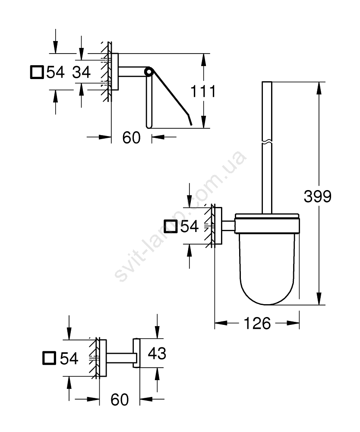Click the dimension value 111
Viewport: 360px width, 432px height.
click(x=203, y=91)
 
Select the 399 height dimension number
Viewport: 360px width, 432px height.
click(x=318, y=197)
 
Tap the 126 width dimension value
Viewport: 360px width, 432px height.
click(x=257, y=323)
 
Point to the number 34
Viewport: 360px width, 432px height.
click(x=81, y=72)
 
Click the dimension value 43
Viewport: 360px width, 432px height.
click(x=157, y=353)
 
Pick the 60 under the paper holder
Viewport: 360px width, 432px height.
click(x=131, y=137)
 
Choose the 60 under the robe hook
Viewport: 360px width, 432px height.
click(x=120, y=400)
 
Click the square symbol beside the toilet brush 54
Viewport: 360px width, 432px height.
click(x=171, y=226)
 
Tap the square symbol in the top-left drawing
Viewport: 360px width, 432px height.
click(x=37, y=72)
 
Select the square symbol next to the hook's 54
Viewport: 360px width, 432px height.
click(x=49, y=358)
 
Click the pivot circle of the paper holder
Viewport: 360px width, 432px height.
click(x=148, y=72)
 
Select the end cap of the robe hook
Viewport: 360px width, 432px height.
click(x=136, y=353)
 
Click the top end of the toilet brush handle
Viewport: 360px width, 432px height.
click(x=267, y=82)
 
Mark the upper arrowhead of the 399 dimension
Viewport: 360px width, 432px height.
click(x=319, y=88)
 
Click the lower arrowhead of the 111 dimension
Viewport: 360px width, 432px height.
click(x=203, y=122)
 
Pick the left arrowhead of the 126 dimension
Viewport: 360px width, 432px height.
click(x=221, y=323)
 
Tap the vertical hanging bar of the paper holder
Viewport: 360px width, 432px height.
click(x=148, y=102)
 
